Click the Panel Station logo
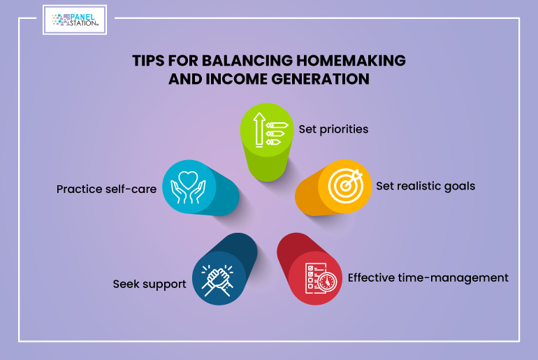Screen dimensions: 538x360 pyautogui.click(x=75, y=20)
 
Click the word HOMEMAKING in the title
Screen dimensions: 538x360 pyautogui.click(x=351, y=60)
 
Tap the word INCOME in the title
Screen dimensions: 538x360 pyautogui.click(x=237, y=79)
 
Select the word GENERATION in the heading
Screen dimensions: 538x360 pyautogui.click(x=321, y=79)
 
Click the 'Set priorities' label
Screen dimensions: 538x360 pyautogui.click(x=333, y=129)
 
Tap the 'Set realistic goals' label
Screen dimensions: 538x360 pyautogui.click(x=426, y=187)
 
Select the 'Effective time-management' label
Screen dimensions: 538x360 pyautogui.click(x=428, y=278)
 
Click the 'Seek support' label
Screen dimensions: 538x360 pyautogui.click(x=150, y=285)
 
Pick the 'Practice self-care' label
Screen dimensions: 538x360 pyautogui.click(x=106, y=189)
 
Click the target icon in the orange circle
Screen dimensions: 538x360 pyautogui.click(x=345, y=186)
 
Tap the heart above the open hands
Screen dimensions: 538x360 pyautogui.click(x=188, y=180)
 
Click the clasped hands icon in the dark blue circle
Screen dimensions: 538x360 pyautogui.click(x=217, y=280)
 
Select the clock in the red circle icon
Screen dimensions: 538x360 pyautogui.click(x=327, y=282)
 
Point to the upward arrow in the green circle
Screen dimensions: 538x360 pyautogui.click(x=259, y=130)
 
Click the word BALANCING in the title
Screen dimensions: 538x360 pyautogui.click(x=247, y=60)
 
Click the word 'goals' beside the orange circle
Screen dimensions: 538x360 pyautogui.click(x=460, y=187)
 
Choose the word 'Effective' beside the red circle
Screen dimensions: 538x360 pyautogui.click(x=372, y=278)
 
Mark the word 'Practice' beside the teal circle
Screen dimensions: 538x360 pyautogui.click(x=79, y=189)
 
